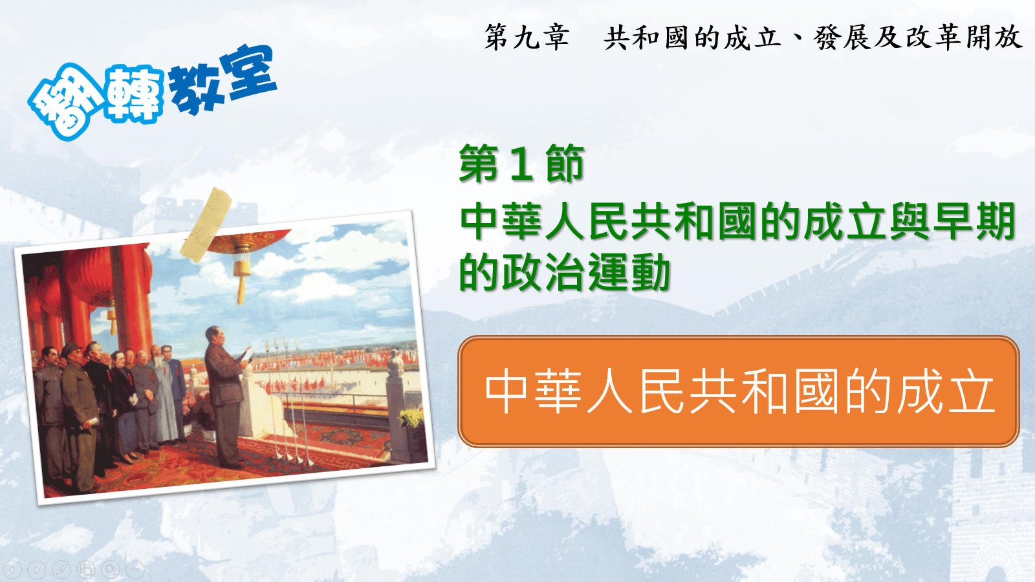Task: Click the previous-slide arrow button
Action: point(12,569)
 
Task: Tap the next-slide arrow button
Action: point(37,569)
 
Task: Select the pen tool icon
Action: point(61,569)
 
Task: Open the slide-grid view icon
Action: point(86,569)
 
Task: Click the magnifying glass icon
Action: point(111,569)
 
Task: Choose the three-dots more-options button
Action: point(135,569)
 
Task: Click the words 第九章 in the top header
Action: point(527,37)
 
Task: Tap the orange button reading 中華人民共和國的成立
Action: point(738,391)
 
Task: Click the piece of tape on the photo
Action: point(206,224)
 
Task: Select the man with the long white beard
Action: point(162,397)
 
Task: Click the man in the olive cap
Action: point(78,416)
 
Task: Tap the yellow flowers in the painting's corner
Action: point(411,418)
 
